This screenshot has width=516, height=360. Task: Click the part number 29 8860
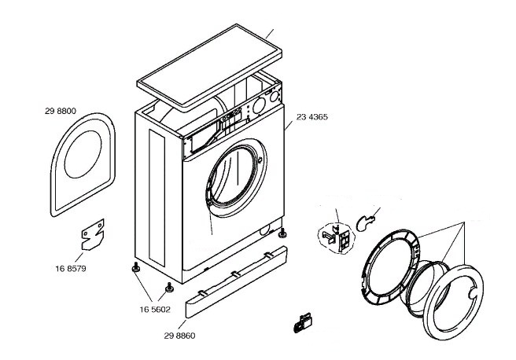pos(179,336)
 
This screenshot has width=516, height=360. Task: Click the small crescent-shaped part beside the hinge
pos(365,222)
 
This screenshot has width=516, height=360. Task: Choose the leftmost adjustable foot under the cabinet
pos(135,269)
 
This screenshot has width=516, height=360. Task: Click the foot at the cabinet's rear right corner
pos(282,233)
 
